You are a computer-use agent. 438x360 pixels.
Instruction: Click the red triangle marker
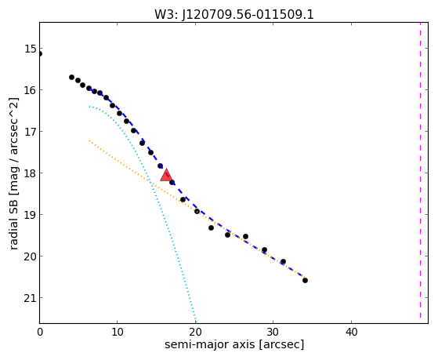click(x=166, y=175)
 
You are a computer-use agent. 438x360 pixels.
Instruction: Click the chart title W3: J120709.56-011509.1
click(x=234, y=14)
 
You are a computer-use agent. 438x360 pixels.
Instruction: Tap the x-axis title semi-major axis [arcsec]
click(x=234, y=344)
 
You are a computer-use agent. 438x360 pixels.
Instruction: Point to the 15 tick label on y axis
click(x=30, y=49)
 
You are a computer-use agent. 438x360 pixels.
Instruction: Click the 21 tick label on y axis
click(x=30, y=298)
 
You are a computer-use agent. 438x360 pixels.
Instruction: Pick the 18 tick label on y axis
click(x=30, y=173)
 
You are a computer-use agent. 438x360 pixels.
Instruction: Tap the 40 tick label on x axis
click(x=351, y=333)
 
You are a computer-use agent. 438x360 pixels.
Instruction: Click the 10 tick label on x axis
click(x=118, y=333)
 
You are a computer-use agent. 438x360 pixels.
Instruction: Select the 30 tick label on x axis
click(x=273, y=333)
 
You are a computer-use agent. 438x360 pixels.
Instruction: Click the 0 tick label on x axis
click(x=40, y=333)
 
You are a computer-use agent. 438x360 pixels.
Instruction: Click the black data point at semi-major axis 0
click(x=40, y=53)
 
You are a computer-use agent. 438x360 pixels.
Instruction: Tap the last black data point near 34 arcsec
click(x=305, y=280)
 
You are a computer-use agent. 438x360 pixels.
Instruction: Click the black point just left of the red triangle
click(x=160, y=165)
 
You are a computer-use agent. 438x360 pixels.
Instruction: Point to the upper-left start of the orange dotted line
click(x=89, y=140)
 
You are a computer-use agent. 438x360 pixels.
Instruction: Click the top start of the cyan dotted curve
click(x=89, y=107)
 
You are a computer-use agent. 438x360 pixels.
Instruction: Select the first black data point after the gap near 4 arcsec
click(x=71, y=77)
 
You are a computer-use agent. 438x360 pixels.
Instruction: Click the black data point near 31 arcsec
click(x=283, y=261)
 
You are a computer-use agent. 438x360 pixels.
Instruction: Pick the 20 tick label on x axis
click(x=195, y=333)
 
